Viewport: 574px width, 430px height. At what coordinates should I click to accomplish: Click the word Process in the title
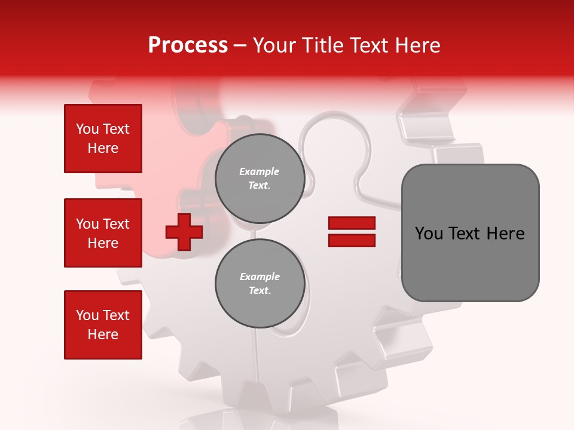188,45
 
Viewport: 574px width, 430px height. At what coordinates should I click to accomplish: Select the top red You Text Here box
103,139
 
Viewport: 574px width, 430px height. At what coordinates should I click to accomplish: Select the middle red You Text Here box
103,233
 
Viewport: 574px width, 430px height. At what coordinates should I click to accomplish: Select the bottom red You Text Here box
103,325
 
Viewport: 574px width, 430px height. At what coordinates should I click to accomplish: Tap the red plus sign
184,232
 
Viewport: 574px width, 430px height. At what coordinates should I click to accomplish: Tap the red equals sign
352,232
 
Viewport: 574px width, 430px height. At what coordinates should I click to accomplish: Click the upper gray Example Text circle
259,179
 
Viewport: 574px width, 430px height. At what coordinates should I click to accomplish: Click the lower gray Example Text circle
259,284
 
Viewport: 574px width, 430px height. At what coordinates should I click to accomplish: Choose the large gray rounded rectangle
470,233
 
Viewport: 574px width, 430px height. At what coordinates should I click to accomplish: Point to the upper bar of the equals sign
352,223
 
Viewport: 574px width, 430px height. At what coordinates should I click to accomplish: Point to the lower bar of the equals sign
352,240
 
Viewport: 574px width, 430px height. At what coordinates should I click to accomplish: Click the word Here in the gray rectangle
506,234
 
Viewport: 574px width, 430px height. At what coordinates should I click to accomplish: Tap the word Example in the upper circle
259,172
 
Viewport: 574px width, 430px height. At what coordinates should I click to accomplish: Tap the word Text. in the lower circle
259,291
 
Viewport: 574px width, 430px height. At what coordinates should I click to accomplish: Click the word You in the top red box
87,129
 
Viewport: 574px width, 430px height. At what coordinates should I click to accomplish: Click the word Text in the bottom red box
118,315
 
